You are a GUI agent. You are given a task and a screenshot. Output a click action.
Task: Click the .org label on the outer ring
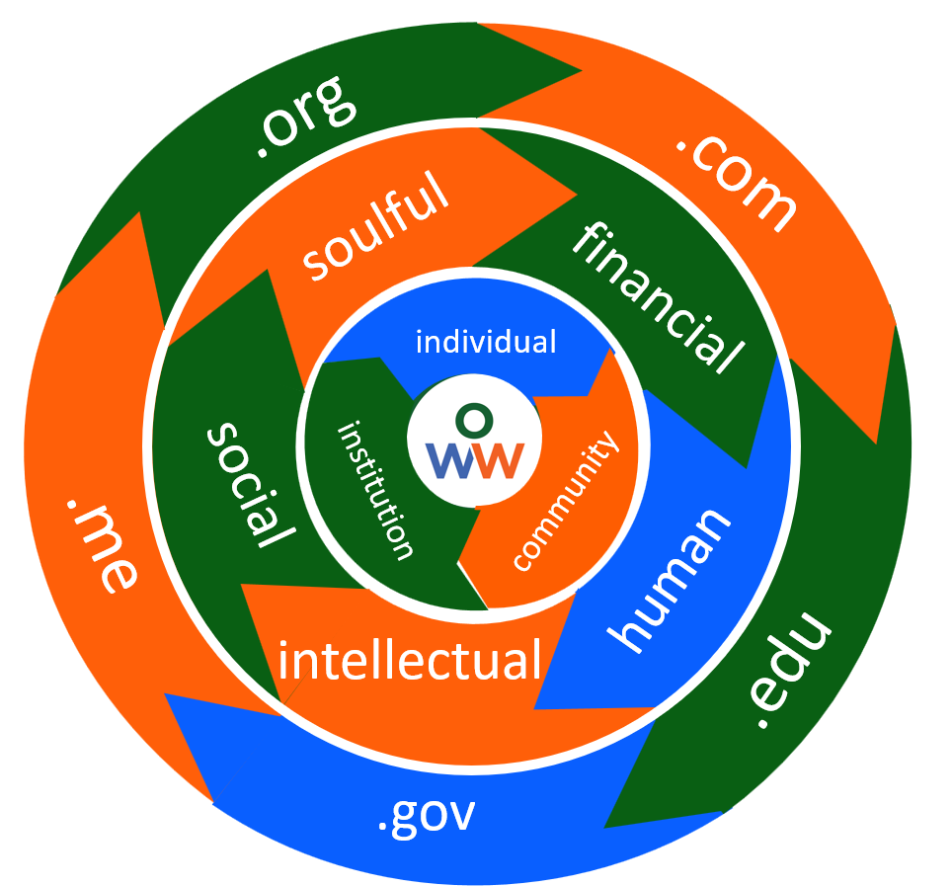click(x=305, y=116)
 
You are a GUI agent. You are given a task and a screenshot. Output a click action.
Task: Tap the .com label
click(x=736, y=182)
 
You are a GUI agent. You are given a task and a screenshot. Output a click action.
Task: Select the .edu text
click(x=789, y=672)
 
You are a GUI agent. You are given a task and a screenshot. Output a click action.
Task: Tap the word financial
click(x=658, y=297)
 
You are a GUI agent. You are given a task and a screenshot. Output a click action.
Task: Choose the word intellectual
click(x=410, y=660)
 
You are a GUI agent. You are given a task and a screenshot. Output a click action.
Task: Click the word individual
click(x=486, y=342)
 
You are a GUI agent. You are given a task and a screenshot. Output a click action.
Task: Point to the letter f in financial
click(x=591, y=240)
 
